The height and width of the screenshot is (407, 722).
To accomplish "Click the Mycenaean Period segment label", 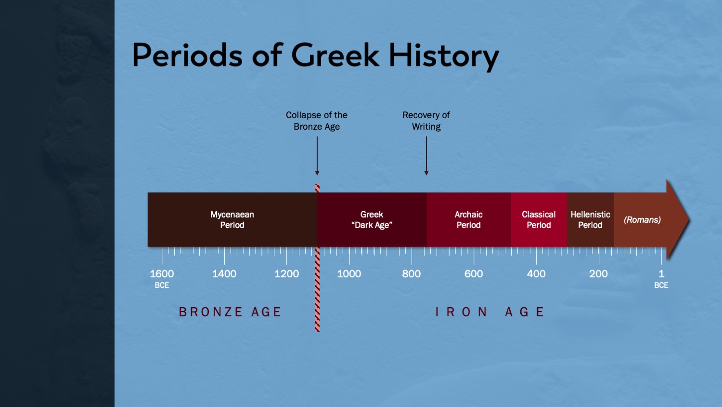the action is pos(232,219).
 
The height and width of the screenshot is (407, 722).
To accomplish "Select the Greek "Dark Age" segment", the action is pos(372,219).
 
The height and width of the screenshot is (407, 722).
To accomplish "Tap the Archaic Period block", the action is pos(469,219).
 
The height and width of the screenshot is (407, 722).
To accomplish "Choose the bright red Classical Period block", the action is pos(539,219).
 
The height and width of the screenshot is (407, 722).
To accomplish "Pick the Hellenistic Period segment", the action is pos(590,219).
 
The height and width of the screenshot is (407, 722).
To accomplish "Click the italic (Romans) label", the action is pos(643,220).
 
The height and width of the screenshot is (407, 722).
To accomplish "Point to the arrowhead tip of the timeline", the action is pos(689,220).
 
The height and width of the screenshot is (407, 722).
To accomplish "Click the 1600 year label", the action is pos(162,274).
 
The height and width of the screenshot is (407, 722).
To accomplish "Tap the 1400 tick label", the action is pos(224,274).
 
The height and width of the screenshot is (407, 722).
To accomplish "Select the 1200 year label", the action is pos(286,274).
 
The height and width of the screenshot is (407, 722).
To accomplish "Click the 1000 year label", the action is pos(349,274).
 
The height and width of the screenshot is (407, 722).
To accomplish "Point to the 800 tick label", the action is pos(411,274).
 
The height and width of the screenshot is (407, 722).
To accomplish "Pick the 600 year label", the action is pos(474,274).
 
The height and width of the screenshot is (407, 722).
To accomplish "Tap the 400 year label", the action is pos(536,274).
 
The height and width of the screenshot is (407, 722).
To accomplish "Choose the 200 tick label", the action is pos(599,274).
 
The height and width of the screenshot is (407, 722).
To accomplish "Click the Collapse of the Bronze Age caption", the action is pos(317,121).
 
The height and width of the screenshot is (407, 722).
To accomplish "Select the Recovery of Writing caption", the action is pos(426,121).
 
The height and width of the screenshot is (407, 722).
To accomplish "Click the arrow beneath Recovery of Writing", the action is pos(426,156).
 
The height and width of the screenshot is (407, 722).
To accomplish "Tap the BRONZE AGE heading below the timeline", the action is pos(230,312).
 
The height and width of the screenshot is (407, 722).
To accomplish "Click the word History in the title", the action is pos(444,55).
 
